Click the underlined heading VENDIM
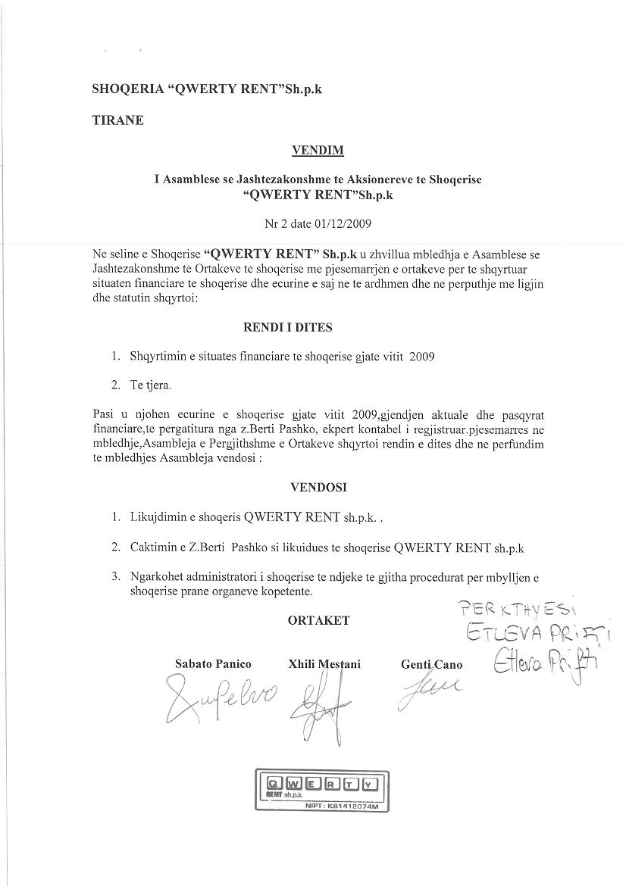point(318,150)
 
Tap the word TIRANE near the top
point(117,120)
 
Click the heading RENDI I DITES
point(287,328)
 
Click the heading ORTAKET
point(318,620)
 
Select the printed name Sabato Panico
point(213,664)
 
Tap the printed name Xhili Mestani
point(324,664)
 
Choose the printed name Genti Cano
point(431,665)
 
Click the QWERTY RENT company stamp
point(321,790)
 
